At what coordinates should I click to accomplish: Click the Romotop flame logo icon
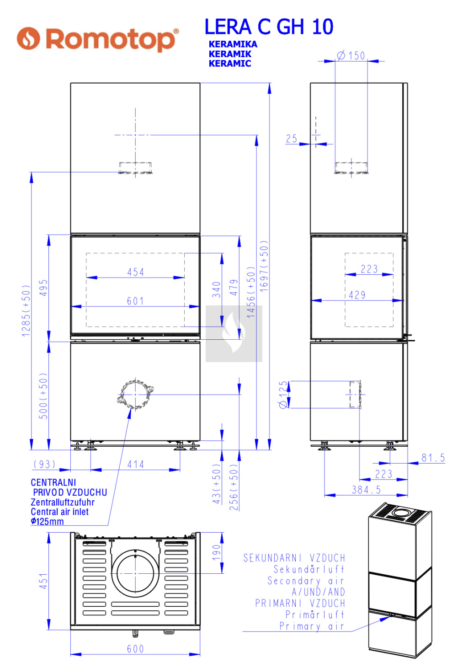[28, 38]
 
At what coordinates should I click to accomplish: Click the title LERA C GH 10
[269, 27]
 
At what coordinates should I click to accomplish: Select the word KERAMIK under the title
[230, 54]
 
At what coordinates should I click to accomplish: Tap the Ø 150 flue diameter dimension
[351, 56]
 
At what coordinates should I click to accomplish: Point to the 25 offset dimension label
[292, 139]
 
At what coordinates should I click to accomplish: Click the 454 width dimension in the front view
[136, 272]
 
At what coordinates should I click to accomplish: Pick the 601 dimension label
[135, 301]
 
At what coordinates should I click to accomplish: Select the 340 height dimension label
[217, 289]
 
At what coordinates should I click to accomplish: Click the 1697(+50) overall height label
[264, 266]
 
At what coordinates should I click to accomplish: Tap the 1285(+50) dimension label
[26, 311]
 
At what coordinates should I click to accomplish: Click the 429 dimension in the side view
[357, 295]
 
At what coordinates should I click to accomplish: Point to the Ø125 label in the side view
[283, 394]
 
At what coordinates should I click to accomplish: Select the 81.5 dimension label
[433, 458]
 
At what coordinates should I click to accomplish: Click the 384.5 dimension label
[366, 490]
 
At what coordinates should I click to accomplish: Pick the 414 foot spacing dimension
[136, 465]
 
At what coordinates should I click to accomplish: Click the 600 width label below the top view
[135, 649]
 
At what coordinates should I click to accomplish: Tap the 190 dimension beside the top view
[217, 552]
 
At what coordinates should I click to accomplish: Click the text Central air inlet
[59, 512]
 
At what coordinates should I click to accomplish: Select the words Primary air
[312, 626]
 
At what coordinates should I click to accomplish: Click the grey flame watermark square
[234, 334]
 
